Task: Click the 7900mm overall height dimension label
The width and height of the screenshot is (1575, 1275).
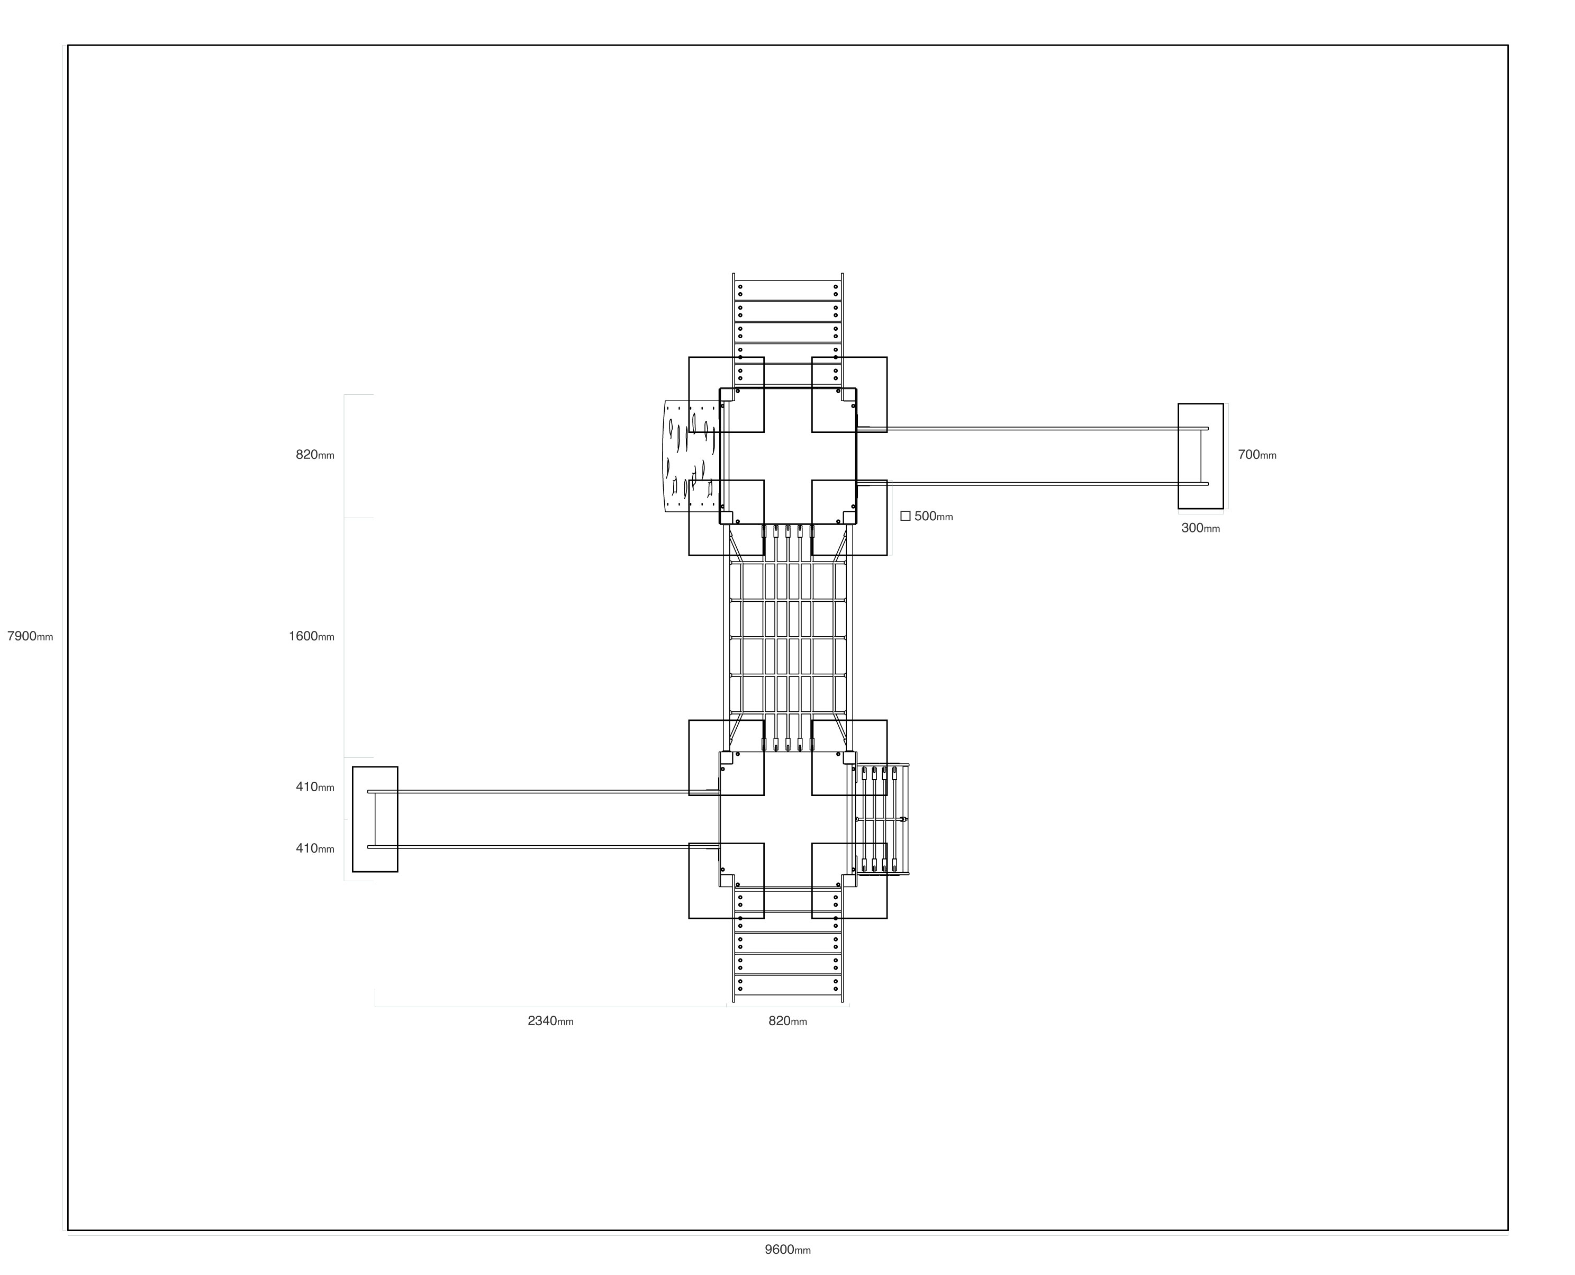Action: coord(30,637)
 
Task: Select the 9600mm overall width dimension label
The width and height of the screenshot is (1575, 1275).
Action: coord(788,1250)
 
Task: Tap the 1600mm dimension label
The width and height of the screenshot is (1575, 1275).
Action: coord(311,637)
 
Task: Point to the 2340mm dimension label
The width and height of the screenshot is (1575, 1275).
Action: coord(551,1021)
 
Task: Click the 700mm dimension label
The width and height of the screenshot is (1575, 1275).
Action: coord(1257,455)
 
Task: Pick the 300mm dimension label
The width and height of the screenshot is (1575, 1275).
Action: coord(1200,528)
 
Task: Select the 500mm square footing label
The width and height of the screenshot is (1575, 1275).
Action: coord(933,517)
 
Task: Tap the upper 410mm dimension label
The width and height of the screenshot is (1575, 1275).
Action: coord(315,788)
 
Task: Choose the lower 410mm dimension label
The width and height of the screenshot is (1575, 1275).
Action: coord(315,849)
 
